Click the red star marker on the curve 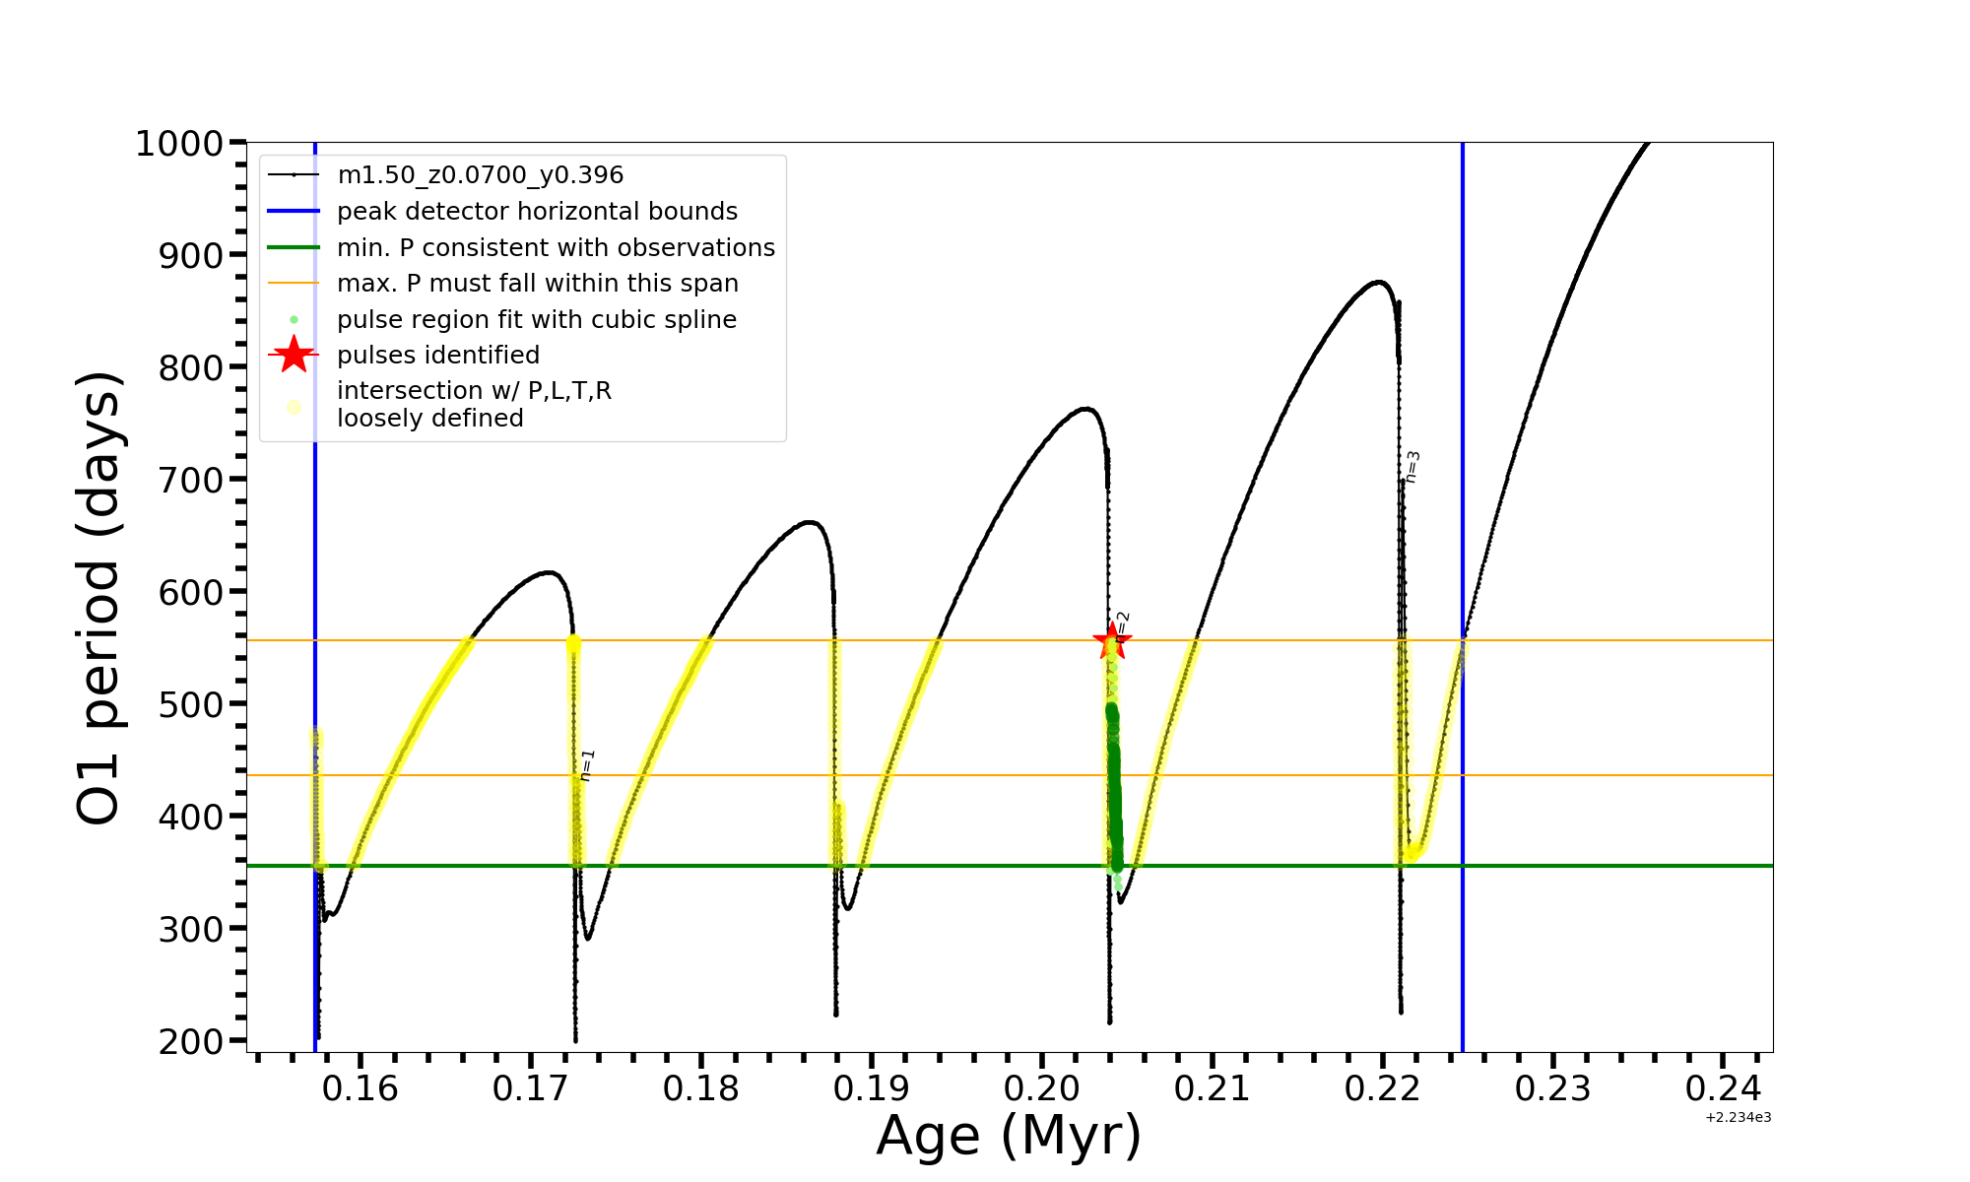click(x=1112, y=641)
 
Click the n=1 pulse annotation click(x=587, y=765)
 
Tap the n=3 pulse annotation click(x=1412, y=467)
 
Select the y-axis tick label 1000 click(x=179, y=144)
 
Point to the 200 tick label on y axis click(x=191, y=1041)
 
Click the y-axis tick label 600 click(x=191, y=592)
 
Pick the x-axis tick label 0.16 click(x=361, y=1089)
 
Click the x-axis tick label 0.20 click(x=1042, y=1089)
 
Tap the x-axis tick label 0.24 click(x=1723, y=1089)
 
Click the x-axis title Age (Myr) click(x=1009, y=1136)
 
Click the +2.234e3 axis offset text click(x=1738, y=1118)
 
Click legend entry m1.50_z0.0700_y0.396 click(x=480, y=175)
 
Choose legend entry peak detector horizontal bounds click(x=537, y=212)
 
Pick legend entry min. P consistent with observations click(x=556, y=248)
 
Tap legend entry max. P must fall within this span click(x=537, y=284)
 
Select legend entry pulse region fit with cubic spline click(x=536, y=320)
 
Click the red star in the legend click(x=294, y=355)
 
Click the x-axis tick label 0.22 click(x=1382, y=1089)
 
